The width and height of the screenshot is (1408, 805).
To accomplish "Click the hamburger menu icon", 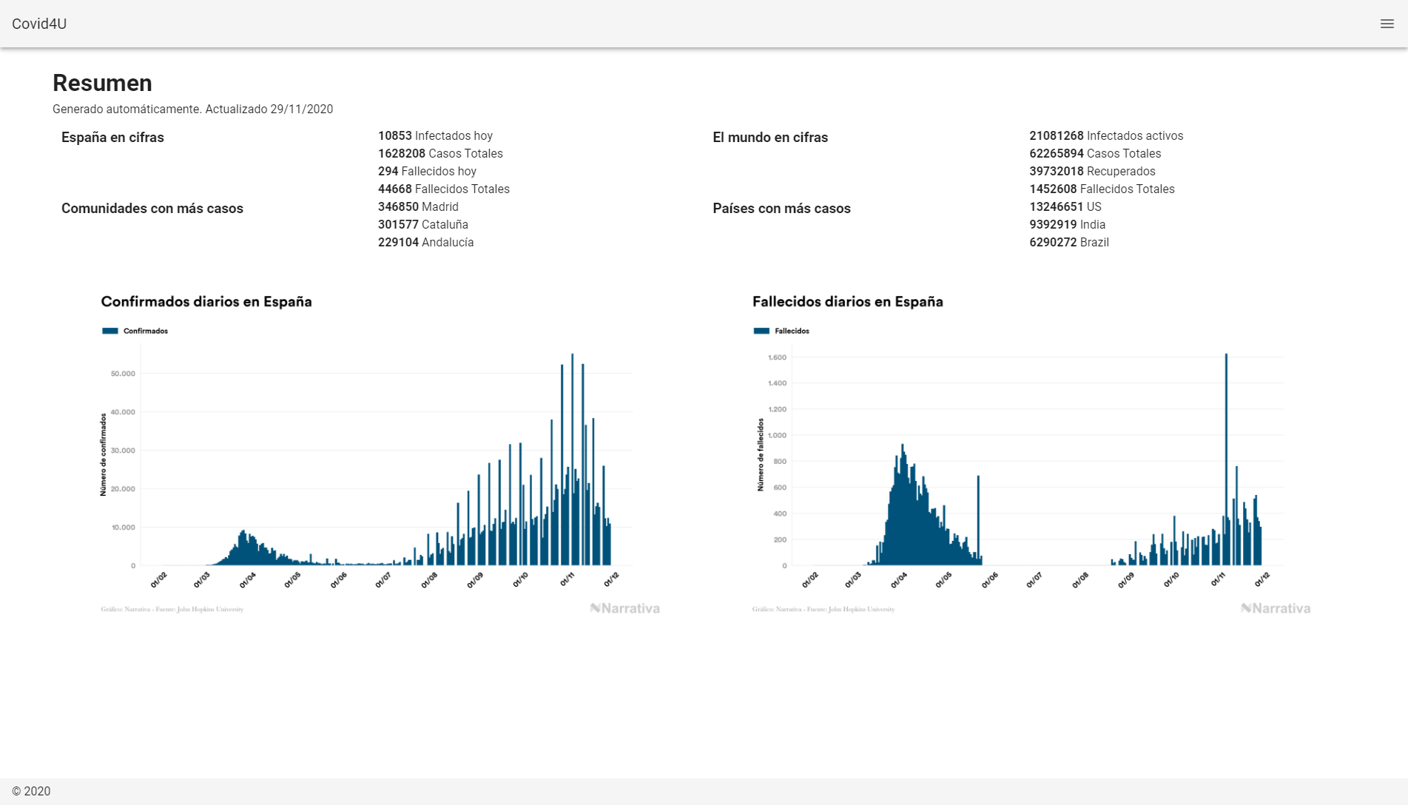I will (1387, 24).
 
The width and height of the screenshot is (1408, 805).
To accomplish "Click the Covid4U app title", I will (39, 24).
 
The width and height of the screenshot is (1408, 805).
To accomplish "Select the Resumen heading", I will (102, 83).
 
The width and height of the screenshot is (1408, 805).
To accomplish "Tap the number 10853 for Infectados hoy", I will (394, 135).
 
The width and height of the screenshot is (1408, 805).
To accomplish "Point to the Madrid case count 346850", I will (398, 206).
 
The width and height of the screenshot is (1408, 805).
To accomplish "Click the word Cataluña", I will (445, 224).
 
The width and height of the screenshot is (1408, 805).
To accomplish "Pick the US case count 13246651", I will (1056, 206).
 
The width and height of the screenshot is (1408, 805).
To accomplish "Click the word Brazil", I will (1094, 242).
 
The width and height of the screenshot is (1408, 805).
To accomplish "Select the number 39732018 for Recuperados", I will (1056, 171).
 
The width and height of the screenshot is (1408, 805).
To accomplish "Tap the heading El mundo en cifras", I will (769, 137).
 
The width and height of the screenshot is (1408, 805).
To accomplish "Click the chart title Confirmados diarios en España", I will (206, 301).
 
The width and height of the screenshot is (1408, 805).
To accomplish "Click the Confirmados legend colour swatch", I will (110, 331).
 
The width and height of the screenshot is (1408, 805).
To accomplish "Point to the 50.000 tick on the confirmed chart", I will (123, 374).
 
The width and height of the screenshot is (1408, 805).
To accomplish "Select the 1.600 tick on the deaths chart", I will (777, 357).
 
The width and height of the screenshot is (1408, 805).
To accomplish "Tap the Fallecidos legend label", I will (792, 331).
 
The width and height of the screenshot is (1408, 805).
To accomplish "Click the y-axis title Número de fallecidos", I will (760, 454).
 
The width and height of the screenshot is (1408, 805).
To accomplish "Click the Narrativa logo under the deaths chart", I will (1276, 608).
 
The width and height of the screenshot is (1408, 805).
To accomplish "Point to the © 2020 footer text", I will (31, 791).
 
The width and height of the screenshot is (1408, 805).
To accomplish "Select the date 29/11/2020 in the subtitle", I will (301, 109).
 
